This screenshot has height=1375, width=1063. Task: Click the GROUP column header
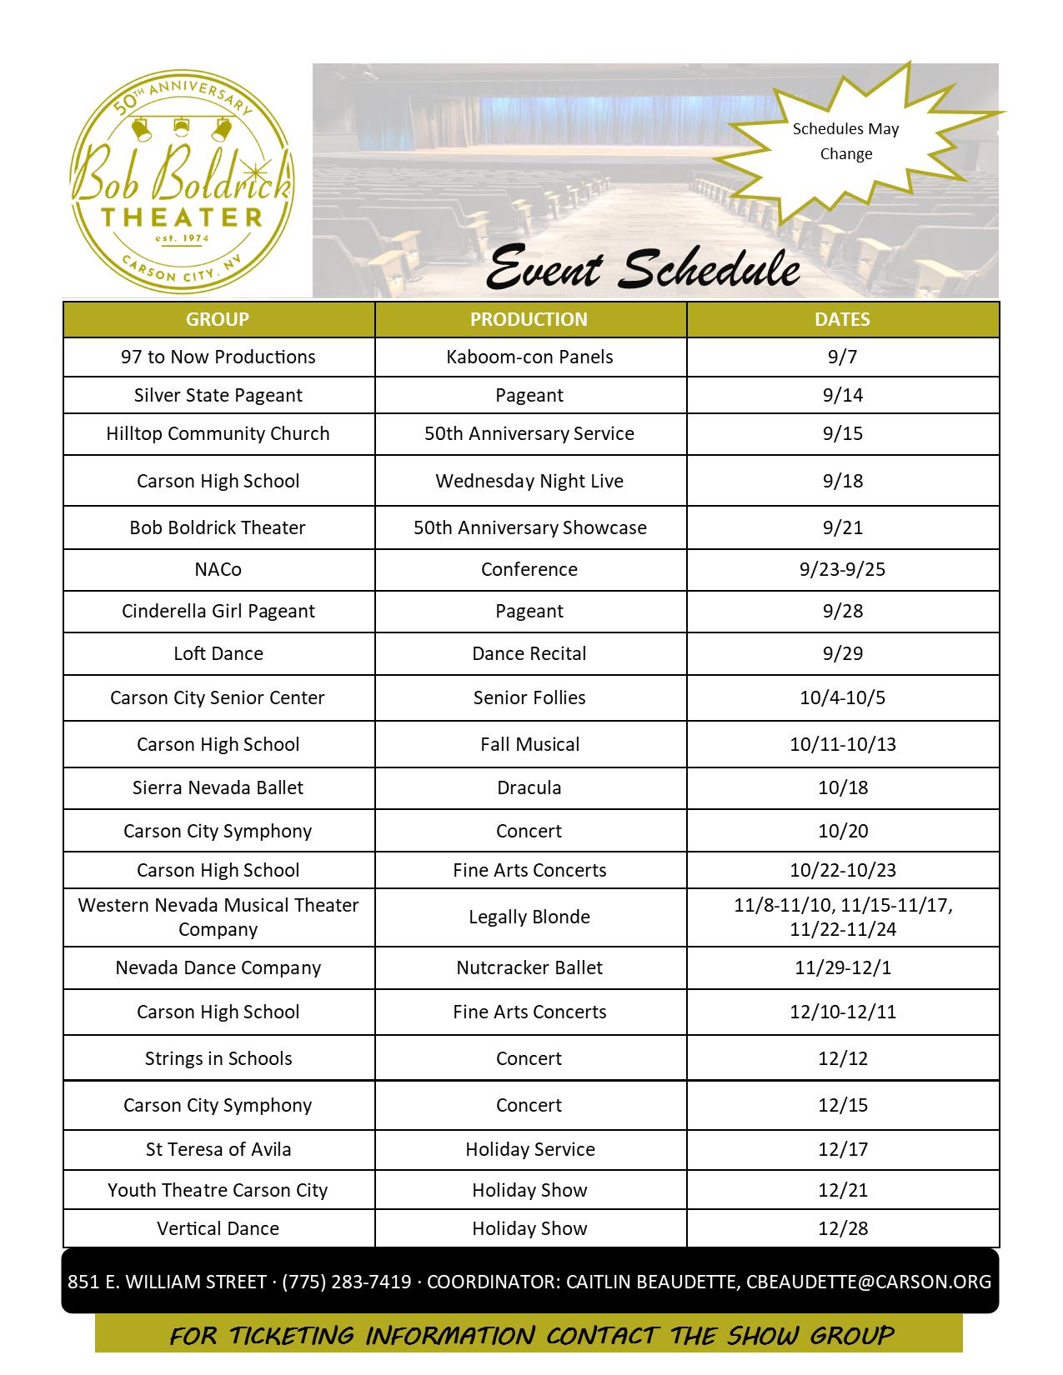point(218,319)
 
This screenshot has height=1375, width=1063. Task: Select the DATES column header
point(842,319)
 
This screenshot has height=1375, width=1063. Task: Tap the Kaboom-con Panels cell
point(529,357)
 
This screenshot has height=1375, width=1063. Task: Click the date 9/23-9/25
point(842,569)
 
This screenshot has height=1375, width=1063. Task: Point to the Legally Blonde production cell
point(529,917)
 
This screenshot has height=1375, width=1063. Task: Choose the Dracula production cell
point(529,787)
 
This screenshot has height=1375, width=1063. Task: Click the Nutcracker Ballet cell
point(529,967)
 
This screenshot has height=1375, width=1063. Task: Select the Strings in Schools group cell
point(218,1058)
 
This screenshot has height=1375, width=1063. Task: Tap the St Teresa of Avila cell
point(218,1149)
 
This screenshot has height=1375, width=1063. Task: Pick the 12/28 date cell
point(843,1228)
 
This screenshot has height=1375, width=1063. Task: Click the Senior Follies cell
point(529,697)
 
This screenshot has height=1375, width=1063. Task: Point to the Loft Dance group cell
point(218,653)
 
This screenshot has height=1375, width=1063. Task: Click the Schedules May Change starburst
point(845,142)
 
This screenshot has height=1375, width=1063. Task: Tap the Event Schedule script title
point(642,268)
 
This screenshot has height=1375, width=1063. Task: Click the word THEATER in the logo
point(182,217)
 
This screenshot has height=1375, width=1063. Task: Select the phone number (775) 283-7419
point(347,1282)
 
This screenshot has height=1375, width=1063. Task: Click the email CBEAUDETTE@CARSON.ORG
point(869,1282)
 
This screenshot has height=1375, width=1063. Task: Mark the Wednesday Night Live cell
point(529,481)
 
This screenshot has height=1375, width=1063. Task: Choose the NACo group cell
point(218,569)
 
